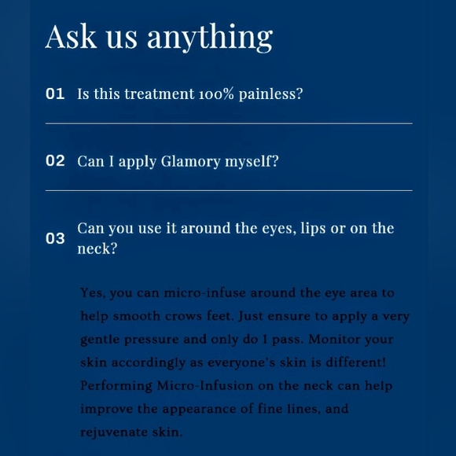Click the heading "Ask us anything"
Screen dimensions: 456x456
pos(159,37)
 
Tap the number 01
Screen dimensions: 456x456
pos(55,94)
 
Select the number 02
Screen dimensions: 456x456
pos(55,161)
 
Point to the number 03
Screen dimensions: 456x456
pos(55,238)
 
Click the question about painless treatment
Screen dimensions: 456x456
pos(190,94)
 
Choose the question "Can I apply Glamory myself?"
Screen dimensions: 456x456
pos(178,162)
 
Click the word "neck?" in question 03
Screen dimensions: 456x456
pos(97,249)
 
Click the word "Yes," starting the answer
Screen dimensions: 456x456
pos(93,293)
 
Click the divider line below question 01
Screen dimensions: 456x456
pos(229,123)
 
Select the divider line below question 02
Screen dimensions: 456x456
pos(229,190)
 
